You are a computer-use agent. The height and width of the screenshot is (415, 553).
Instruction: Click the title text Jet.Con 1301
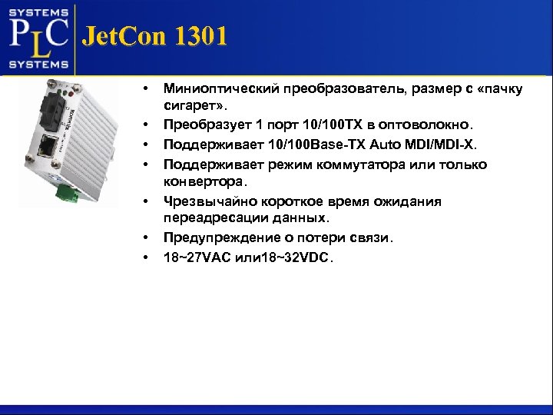[x=154, y=37]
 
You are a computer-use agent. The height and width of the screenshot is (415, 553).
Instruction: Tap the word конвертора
[x=202, y=182]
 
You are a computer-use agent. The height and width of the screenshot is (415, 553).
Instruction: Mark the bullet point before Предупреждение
[x=145, y=238]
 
